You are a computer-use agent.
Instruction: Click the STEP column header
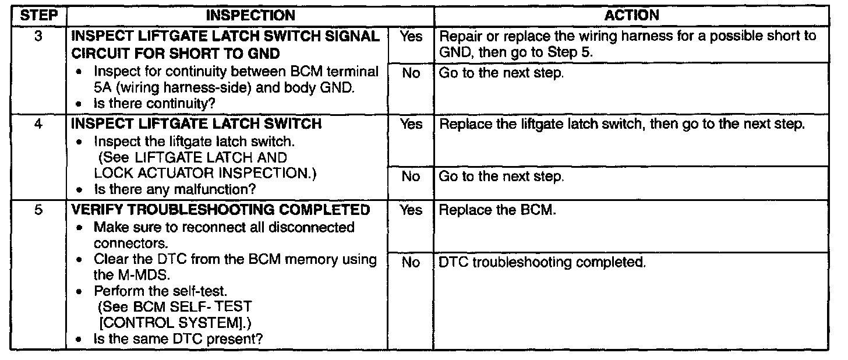tap(38, 16)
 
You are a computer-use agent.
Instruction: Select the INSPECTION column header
tap(250, 16)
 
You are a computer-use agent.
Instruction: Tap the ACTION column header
tap(631, 16)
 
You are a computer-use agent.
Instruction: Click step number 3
tap(38, 36)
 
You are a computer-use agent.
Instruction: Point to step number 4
tap(38, 123)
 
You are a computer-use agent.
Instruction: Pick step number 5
tap(38, 210)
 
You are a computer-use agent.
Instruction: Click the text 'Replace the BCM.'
tap(497, 210)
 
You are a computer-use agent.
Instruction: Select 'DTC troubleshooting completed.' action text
tap(542, 262)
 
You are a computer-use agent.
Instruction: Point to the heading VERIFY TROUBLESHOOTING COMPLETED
tap(220, 210)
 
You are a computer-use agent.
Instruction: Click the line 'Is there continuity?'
tap(154, 103)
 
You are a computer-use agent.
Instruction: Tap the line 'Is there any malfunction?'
tap(175, 189)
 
